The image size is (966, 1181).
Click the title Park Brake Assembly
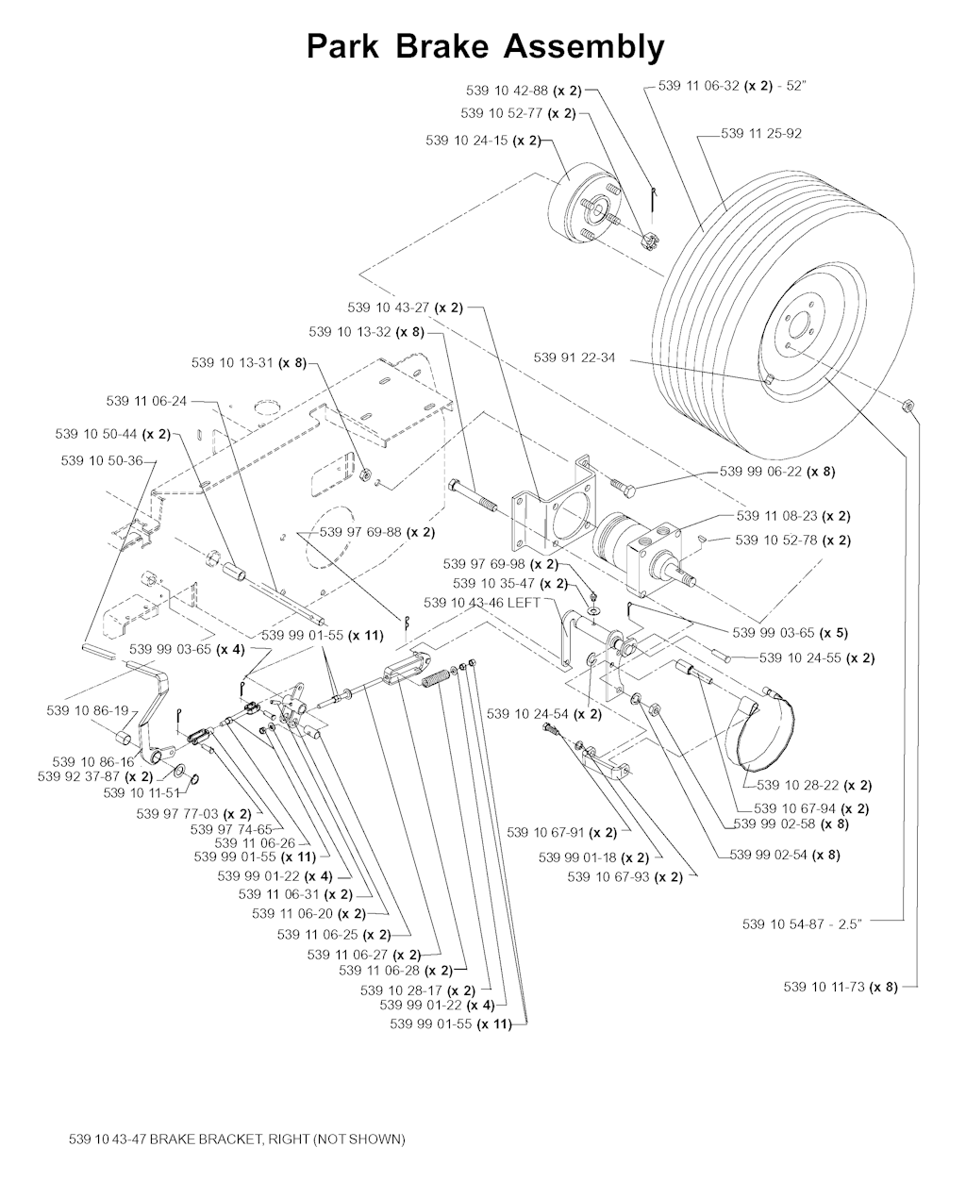(485, 46)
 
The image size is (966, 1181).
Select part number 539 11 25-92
(760, 134)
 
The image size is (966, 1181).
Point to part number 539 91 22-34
(574, 358)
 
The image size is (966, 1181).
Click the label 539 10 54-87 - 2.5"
(803, 924)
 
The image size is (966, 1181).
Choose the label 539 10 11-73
(840, 987)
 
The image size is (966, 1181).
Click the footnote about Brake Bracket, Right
(237, 1139)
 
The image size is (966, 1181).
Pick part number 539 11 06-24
(146, 401)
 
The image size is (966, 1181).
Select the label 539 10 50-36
(101, 461)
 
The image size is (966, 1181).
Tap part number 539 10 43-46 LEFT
(482, 602)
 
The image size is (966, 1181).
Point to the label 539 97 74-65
(230, 829)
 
